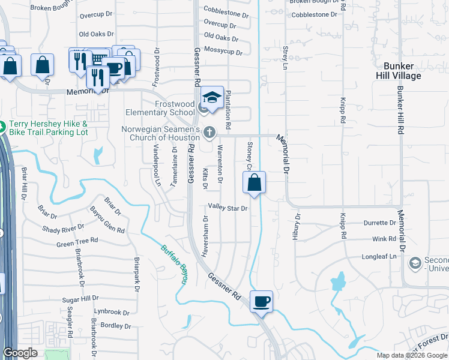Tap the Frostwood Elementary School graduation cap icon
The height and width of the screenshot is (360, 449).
point(212,97)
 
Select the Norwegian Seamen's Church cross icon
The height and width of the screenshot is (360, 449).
point(209,132)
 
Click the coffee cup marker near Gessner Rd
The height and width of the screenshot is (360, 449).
point(261,301)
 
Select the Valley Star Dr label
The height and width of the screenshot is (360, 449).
point(228,208)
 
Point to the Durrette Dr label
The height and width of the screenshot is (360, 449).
point(380,223)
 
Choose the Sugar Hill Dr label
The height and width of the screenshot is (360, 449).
point(80,298)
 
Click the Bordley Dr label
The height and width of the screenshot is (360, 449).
point(116,326)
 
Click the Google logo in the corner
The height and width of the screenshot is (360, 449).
point(20,353)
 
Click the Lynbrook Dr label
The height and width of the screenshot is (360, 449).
point(111,312)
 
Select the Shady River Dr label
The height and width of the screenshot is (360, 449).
point(63,229)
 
